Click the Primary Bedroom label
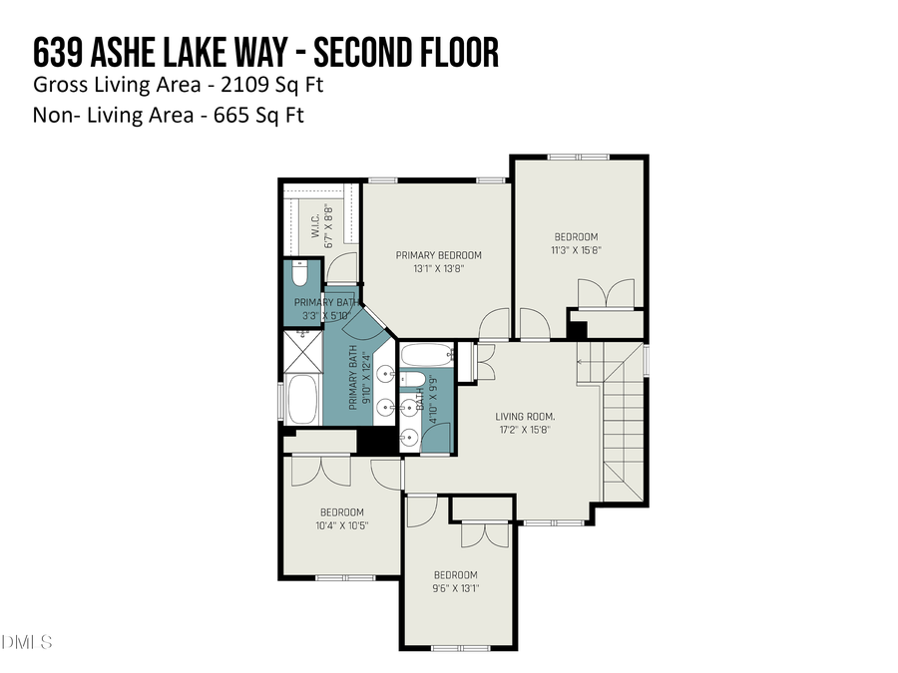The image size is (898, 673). tap(438, 254)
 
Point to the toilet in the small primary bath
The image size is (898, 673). tap(299, 272)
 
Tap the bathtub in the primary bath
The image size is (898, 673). tap(302, 400)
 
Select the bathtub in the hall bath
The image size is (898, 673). tap(426, 354)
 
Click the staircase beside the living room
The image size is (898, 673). tap(620, 419)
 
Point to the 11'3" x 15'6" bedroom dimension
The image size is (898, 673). tap(578, 249)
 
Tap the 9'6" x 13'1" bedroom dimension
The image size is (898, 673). tap(455, 588)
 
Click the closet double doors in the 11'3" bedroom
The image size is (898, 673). tap(606, 294)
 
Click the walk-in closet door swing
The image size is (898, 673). tap(342, 267)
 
